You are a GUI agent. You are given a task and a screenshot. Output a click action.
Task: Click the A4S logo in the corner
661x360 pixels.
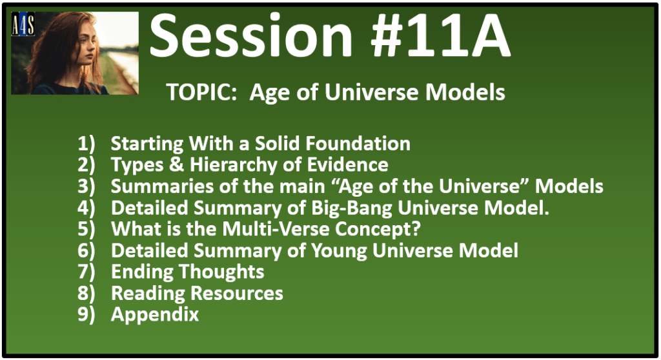23,24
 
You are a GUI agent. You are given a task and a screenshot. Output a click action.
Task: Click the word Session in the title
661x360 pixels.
251,35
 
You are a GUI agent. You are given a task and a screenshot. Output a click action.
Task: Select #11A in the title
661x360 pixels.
440,35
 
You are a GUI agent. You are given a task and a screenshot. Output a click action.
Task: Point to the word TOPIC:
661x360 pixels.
201,92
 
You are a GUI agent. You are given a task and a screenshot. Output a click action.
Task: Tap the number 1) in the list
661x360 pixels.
86,144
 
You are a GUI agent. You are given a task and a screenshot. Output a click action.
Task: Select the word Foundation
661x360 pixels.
358,143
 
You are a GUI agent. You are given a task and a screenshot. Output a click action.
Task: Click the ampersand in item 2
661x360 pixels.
177,165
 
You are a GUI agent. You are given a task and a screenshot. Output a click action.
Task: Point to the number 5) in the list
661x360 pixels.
86,229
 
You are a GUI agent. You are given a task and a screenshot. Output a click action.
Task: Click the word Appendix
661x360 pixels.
155,315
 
